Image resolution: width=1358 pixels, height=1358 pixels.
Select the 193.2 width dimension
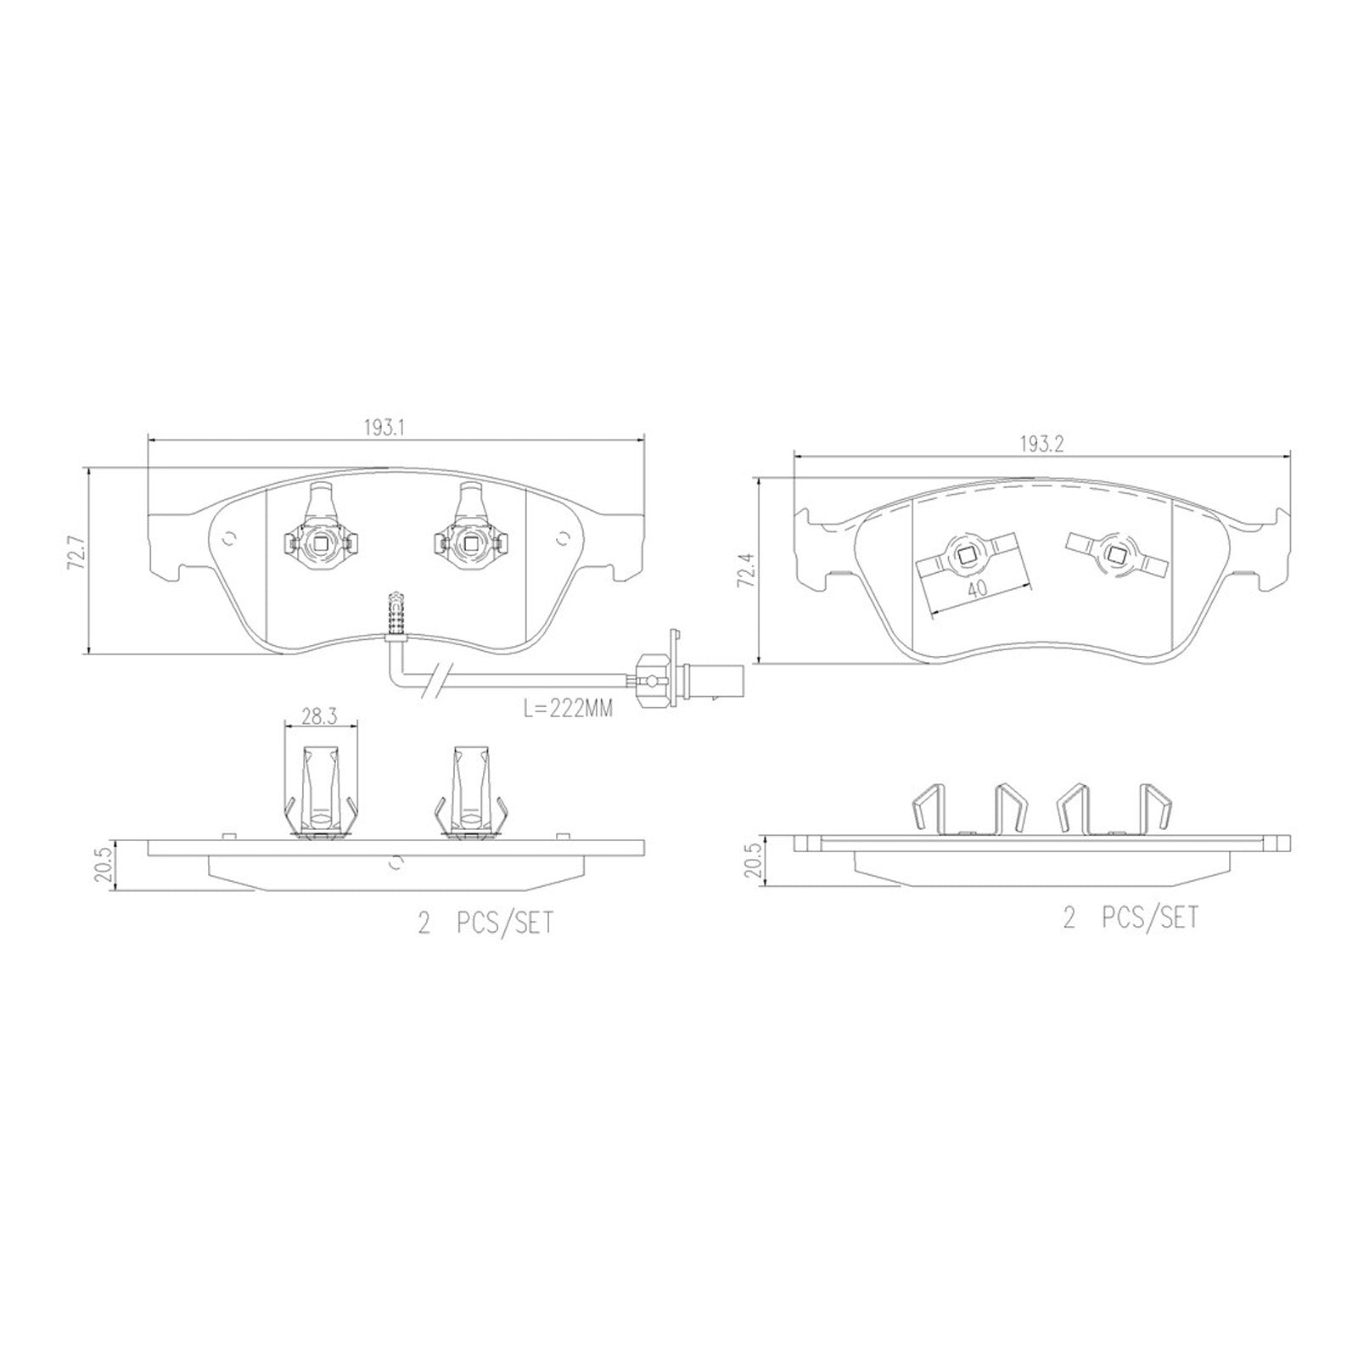pos(1041,445)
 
